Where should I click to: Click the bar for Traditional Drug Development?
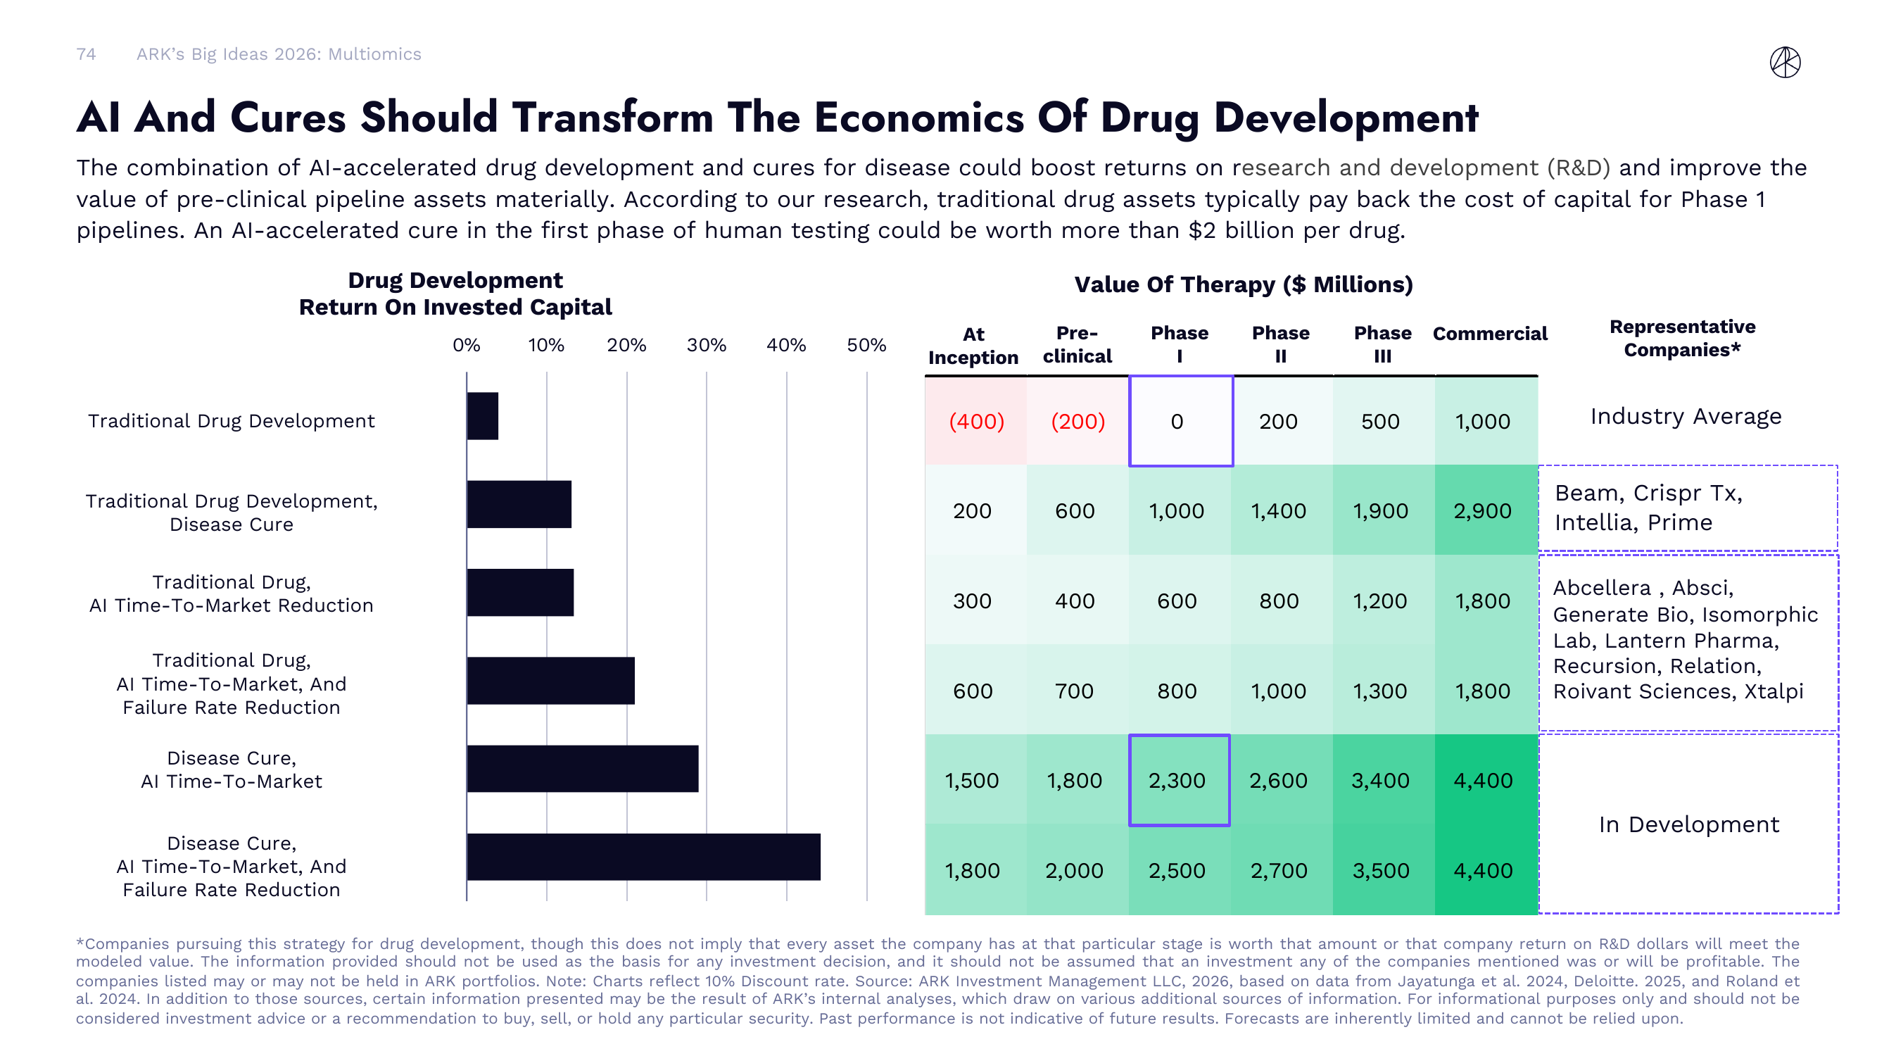pos(482,416)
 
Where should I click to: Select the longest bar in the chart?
pos(643,857)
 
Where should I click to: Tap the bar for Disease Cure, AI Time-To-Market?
pos(582,768)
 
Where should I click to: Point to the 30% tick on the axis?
pos(706,345)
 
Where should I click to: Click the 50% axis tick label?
pos(866,345)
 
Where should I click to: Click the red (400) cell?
pos(975,421)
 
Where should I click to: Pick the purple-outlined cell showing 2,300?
pos(1178,781)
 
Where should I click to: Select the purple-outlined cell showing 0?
pos(1180,421)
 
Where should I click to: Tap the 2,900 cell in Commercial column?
pos(1483,511)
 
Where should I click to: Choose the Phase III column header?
pos(1382,344)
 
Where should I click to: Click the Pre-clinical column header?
pos(1077,344)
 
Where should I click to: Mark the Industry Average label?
pos(1686,416)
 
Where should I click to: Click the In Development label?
pos(1688,824)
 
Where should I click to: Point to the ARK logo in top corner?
pos(1785,62)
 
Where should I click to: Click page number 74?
pos(86,54)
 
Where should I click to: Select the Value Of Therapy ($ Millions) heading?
pos(1243,284)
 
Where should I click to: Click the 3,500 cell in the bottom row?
pos(1381,870)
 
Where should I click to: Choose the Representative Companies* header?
pos(1682,338)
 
